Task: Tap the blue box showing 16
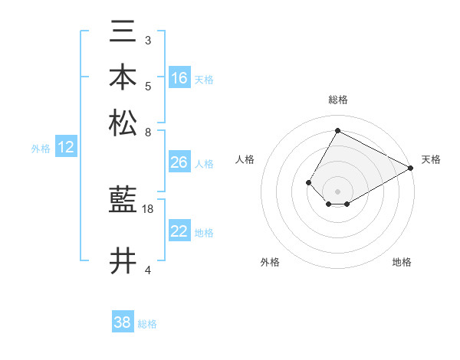pyautogui.click(x=179, y=78)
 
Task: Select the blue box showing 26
pyautogui.click(x=179, y=162)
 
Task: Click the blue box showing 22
pyautogui.click(x=179, y=231)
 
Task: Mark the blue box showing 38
pyautogui.click(x=123, y=322)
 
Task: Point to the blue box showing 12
pyautogui.click(x=66, y=148)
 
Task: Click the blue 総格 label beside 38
pyautogui.click(x=148, y=324)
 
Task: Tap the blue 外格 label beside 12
pyautogui.click(x=41, y=149)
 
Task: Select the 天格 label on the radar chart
pyautogui.click(x=431, y=159)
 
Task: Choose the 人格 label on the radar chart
pyautogui.click(x=245, y=159)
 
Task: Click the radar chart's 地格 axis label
pyautogui.click(x=402, y=262)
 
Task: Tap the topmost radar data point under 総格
pyautogui.click(x=337, y=130)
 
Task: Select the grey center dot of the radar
pyautogui.click(x=337, y=191)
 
